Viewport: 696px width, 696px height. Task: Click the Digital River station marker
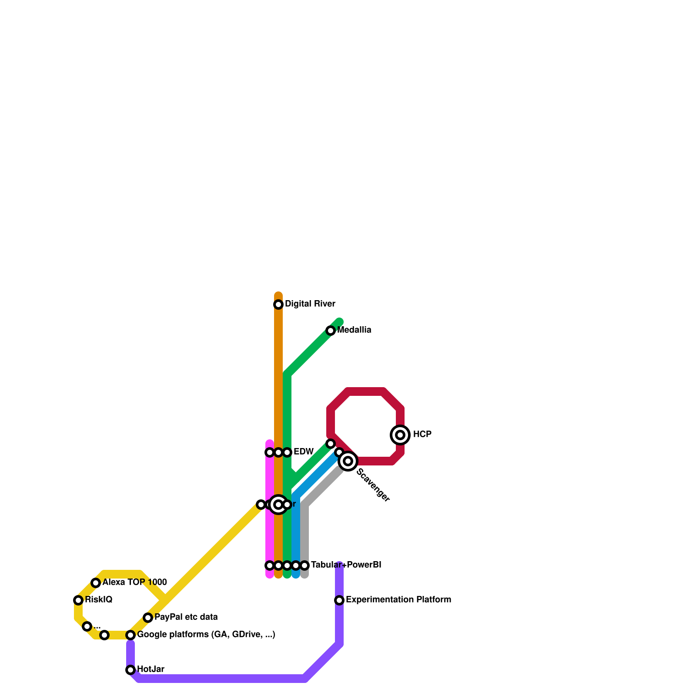pyautogui.click(x=278, y=304)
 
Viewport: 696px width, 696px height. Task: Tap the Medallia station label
pyautogui.click(x=354, y=330)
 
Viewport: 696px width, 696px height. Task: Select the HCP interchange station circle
pyautogui.click(x=400, y=435)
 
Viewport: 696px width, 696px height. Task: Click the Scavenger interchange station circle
pyautogui.click(x=348, y=461)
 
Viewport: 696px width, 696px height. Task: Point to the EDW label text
pyautogui.click(x=303, y=452)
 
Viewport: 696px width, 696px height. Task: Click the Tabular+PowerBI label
pyautogui.click(x=346, y=565)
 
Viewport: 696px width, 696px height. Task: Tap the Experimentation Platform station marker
pyautogui.click(x=339, y=600)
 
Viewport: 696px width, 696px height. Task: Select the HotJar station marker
pyautogui.click(x=130, y=670)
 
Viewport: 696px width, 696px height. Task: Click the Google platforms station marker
pyautogui.click(x=130, y=635)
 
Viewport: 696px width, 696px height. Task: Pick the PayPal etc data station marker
pyautogui.click(x=148, y=618)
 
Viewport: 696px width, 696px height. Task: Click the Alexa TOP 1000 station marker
pyautogui.click(x=96, y=583)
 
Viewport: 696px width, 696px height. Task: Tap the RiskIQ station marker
pyautogui.click(x=78, y=600)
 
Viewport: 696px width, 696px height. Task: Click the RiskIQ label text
pyautogui.click(x=98, y=600)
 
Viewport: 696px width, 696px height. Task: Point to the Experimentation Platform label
pyautogui.click(x=398, y=600)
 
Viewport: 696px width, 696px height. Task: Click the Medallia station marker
pyautogui.click(x=331, y=331)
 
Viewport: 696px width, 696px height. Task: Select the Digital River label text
pyautogui.click(x=310, y=304)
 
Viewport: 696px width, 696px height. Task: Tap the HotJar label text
pyautogui.click(x=151, y=669)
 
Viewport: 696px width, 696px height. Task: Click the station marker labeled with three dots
pyautogui.click(x=87, y=626)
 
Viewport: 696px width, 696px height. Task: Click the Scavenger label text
pyautogui.click(x=373, y=485)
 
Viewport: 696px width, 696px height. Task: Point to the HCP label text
pyautogui.click(x=422, y=435)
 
